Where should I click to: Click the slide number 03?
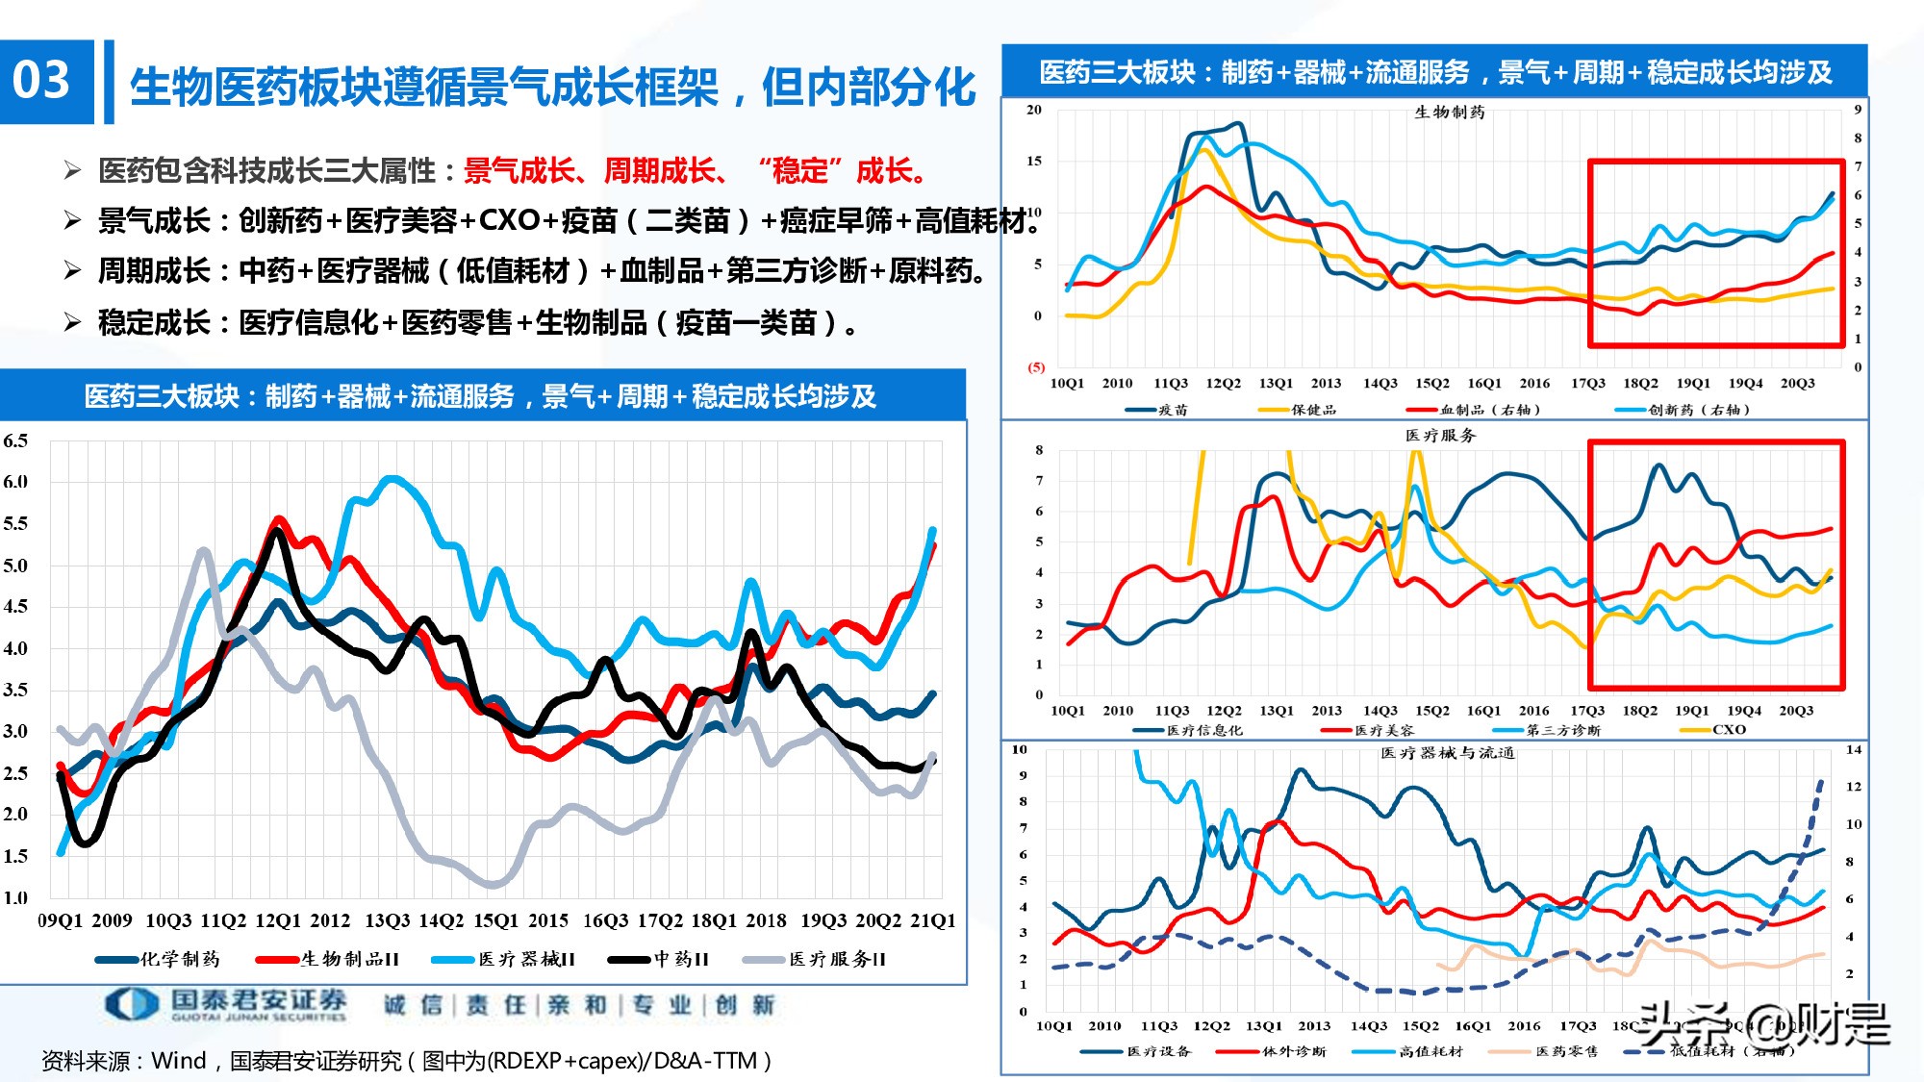pos(42,81)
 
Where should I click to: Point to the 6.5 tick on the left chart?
pos(15,441)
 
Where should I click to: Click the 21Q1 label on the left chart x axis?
pos(933,920)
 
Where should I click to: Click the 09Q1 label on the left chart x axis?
pos(61,920)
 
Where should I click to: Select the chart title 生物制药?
pos(1449,113)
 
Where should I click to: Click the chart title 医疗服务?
pos(1440,436)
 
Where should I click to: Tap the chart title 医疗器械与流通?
pos(1447,753)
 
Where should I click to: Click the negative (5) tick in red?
pos(1036,367)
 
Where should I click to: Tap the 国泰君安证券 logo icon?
pos(131,1004)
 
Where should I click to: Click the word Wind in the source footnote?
pos(179,1061)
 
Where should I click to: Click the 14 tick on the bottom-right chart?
pos(1854,749)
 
